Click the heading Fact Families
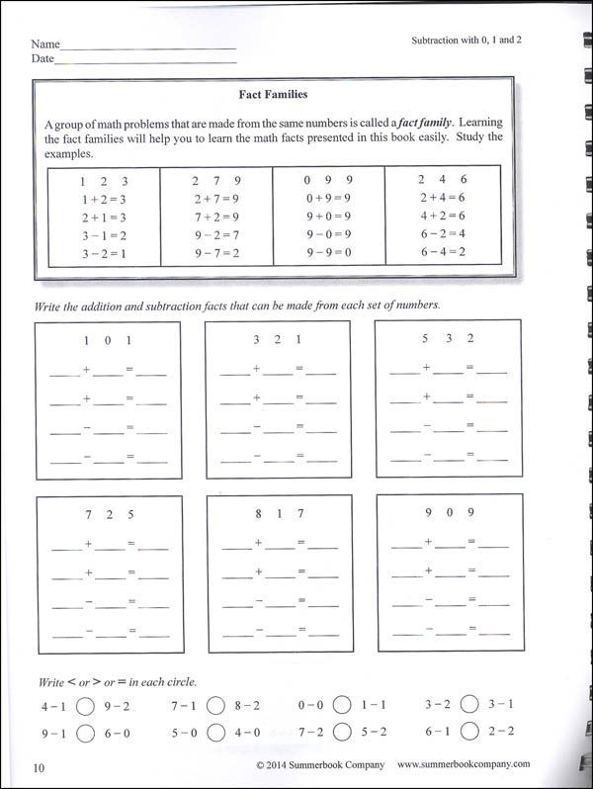click(274, 95)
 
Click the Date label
click(42, 59)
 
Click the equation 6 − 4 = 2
click(442, 253)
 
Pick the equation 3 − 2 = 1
click(104, 254)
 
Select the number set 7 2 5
click(109, 513)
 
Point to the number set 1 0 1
click(108, 340)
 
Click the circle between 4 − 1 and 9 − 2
click(84, 707)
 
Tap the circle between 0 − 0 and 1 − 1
click(341, 706)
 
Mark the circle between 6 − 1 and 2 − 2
click(469, 732)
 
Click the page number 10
click(39, 768)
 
